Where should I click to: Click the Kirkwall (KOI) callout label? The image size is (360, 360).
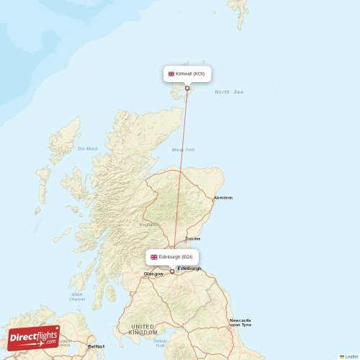pyautogui.click(x=186, y=73)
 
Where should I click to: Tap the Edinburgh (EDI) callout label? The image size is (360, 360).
pyautogui.click(x=171, y=256)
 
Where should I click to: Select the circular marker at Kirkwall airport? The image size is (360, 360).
pyautogui.click(x=187, y=89)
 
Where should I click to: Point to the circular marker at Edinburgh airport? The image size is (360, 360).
pyautogui.click(x=172, y=271)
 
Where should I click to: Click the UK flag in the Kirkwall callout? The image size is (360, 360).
pyautogui.click(x=171, y=73)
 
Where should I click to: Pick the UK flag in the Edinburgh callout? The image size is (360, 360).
pyautogui.click(x=154, y=257)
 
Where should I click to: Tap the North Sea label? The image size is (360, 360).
pyautogui.click(x=229, y=92)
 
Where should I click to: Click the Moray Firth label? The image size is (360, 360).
pyautogui.click(x=184, y=150)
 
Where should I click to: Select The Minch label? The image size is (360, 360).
pyautogui.click(x=87, y=148)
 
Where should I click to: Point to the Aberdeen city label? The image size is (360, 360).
pyautogui.click(x=223, y=197)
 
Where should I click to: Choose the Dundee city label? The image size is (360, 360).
pyautogui.click(x=193, y=238)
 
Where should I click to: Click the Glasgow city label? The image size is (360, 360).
pyautogui.click(x=153, y=274)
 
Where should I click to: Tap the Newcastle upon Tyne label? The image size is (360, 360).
pyautogui.click(x=240, y=322)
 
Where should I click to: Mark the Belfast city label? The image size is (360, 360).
pyautogui.click(x=96, y=346)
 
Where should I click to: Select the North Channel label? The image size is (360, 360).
pyautogui.click(x=77, y=297)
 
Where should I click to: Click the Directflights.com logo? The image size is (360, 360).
pyautogui.click(x=34, y=337)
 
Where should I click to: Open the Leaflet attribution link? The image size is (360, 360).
pyautogui.click(x=349, y=356)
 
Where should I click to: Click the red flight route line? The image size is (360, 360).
pyautogui.click(x=180, y=180)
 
